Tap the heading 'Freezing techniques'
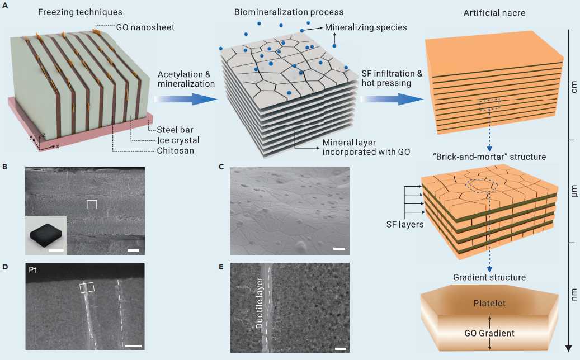coord(80,12)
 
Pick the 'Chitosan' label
coord(172,150)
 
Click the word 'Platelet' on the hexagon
coord(490,304)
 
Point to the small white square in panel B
coord(92,205)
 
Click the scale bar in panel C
coord(338,248)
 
